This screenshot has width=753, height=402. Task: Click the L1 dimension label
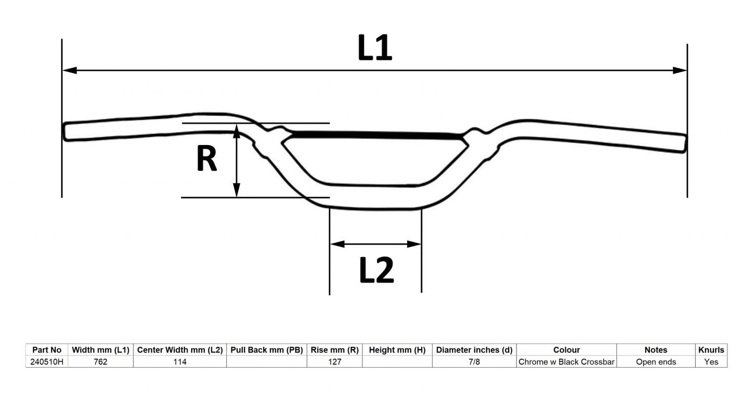click(375, 48)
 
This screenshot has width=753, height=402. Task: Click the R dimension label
click(206, 159)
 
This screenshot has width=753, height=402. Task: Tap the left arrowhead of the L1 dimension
click(69, 70)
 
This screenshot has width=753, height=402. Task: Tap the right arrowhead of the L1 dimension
click(680, 70)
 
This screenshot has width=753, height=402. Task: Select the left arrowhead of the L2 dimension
click(337, 244)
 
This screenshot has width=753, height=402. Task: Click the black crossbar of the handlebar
click(375, 135)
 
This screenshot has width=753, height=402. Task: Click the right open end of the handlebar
click(684, 143)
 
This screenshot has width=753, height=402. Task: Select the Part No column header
click(47, 350)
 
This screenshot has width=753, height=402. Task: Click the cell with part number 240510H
click(47, 362)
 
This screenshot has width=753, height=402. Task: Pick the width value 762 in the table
click(100, 362)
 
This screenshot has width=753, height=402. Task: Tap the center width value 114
click(180, 362)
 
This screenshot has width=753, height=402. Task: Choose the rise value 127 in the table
click(334, 362)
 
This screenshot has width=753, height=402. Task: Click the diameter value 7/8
click(474, 362)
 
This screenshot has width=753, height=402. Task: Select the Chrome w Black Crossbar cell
click(566, 362)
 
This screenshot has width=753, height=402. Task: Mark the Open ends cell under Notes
click(656, 362)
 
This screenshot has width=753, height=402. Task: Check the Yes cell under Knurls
click(711, 362)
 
